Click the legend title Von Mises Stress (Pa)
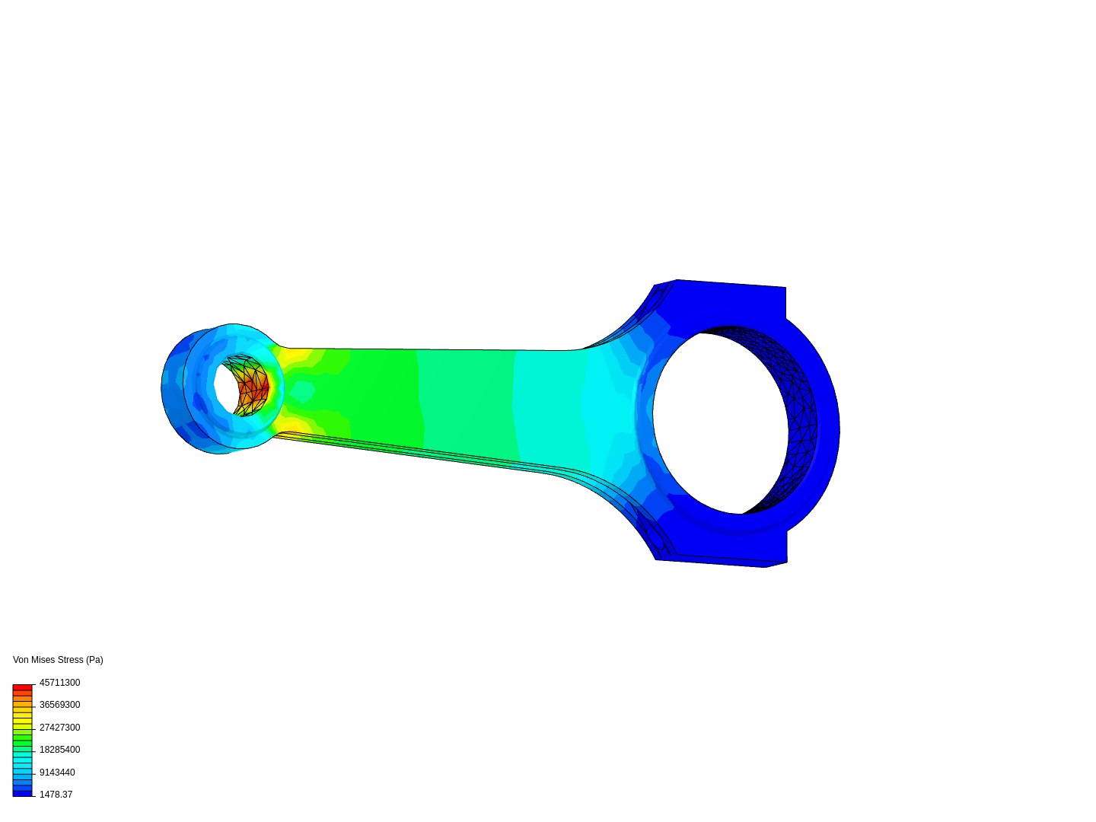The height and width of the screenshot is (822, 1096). pyautogui.click(x=58, y=660)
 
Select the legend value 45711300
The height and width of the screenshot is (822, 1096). pyautogui.click(x=59, y=683)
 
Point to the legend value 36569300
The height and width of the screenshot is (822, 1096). pyautogui.click(x=59, y=705)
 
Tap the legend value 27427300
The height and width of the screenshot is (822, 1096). pyautogui.click(x=59, y=728)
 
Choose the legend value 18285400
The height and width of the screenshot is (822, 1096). pyautogui.click(x=59, y=750)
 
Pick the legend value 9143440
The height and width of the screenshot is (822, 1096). pyautogui.click(x=57, y=773)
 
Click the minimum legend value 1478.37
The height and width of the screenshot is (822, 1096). pyautogui.click(x=56, y=795)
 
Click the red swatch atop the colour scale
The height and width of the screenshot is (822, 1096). pyautogui.click(x=22, y=687)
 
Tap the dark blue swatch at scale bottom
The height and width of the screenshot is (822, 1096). pyautogui.click(x=22, y=793)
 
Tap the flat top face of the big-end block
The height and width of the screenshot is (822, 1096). pyautogui.click(x=731, y=284)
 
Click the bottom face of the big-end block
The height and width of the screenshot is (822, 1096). pyautogui.click(x=719, y=562)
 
